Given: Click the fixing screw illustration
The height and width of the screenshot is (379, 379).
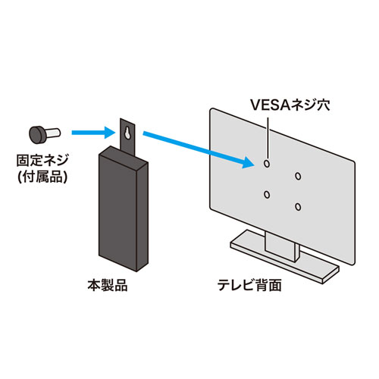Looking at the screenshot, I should coord(44,135).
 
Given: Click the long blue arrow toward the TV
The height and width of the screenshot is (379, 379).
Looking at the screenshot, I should coord(199,149).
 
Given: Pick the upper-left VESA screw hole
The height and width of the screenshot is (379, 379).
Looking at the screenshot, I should coord(267,163).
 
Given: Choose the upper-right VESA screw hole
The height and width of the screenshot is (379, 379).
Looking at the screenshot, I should coord(297,176).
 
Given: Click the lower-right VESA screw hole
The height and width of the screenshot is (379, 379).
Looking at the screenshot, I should coord(299,208).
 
